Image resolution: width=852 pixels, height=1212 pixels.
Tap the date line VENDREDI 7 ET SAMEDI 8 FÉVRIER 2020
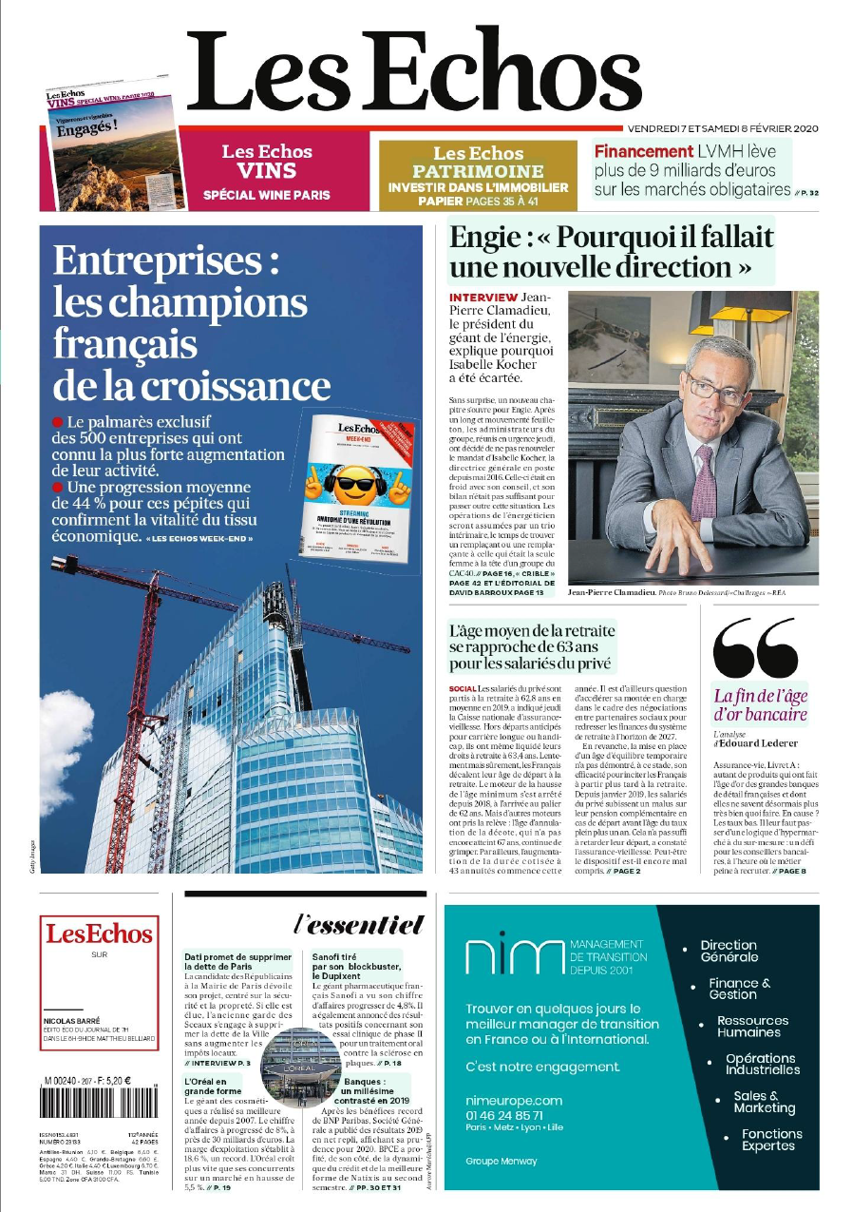click(722, 128)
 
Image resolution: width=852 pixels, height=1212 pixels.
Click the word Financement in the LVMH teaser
click(644, 151)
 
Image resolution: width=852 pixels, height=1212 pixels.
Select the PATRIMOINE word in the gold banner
click(478, 171)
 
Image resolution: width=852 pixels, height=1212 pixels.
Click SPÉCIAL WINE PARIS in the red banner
click(267, 195)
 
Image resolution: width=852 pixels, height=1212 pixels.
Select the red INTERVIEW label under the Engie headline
click(483, 298)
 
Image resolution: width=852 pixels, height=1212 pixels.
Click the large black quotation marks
click(755, 645)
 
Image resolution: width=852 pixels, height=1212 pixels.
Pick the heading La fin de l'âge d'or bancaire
click(760, 704)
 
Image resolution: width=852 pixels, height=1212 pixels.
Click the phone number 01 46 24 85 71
click(504, 1115)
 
